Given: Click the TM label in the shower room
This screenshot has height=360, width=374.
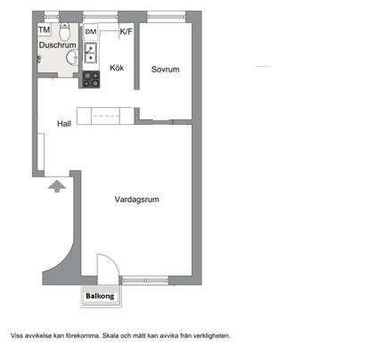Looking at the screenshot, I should pos(44,29).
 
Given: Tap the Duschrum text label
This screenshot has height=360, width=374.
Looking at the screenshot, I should pos(56,44).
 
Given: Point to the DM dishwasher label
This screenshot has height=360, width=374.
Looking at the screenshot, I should pos(91,32).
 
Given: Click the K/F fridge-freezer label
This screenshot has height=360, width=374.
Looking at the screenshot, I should pos(126,31).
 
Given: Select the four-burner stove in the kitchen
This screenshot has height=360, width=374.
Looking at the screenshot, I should pos(91,78).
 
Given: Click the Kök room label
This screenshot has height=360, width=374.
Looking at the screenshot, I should pos(117,68).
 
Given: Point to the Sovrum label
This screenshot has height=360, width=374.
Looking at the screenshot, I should pos(166,70).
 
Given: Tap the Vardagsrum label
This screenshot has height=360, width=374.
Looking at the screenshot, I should pos(137,200).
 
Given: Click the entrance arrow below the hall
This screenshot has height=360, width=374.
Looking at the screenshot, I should pos(56,186).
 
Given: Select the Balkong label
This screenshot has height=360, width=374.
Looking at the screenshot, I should pos(100,298).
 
